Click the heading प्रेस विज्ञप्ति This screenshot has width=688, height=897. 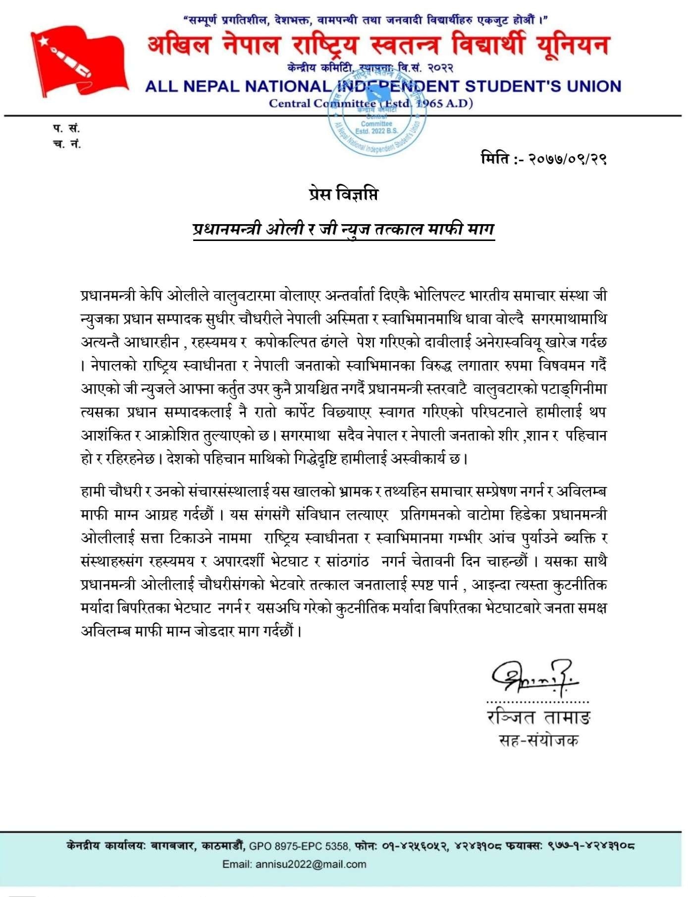(x=343, y=194)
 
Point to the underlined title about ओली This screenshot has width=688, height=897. (x=344, y=229)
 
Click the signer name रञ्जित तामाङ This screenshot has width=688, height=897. (x=539, y=718)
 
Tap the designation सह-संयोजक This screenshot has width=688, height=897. (x=538, y=740)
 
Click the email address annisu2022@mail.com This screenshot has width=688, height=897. (x=311, y=864)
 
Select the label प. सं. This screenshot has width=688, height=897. (x=66, y=128)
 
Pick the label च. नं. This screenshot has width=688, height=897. (x=66, y=144)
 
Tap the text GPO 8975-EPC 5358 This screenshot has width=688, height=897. (x=300, y=846)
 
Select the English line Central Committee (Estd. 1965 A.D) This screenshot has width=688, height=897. (x=371, y=103)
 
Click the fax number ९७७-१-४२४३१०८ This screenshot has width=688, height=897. (x=591, y=846)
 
